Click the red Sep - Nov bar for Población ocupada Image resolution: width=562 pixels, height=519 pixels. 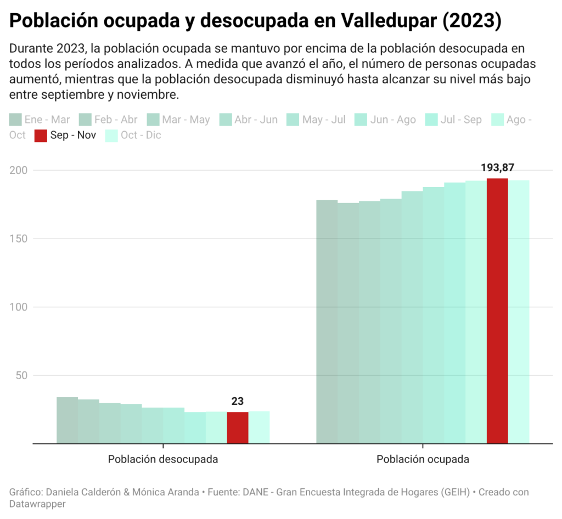[x=497, y=311]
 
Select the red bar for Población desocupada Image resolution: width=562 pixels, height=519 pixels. [x=238, y=428]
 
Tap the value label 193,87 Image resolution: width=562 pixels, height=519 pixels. [x=497, y=168]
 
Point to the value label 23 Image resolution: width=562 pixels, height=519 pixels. [x=237, y=401]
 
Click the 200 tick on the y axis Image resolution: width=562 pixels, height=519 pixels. [x=18, y=170]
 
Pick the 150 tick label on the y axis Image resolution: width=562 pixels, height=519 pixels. [x=18, y=239]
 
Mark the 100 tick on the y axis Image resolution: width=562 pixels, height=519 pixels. [x=18, y=307]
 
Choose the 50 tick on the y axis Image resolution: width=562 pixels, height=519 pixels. [x=21, y=375]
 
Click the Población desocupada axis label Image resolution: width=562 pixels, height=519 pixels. [x=163, y=459]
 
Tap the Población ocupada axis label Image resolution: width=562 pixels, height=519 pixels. [x=423, y=459]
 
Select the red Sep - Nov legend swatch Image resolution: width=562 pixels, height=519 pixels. [x=41, y=136]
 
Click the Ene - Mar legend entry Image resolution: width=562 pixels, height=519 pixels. [x=40, y=120]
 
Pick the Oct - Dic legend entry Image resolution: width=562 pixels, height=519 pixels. [x=133, y=136]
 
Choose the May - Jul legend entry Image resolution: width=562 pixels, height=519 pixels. [x=316, y=120]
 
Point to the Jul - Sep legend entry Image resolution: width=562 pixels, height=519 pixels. [x=453, y=120]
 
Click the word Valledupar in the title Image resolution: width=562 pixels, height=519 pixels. [x=389, y=20]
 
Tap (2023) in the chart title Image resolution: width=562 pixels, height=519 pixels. [x=472, y=20]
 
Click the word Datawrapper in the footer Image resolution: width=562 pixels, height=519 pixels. [x=37, y=504]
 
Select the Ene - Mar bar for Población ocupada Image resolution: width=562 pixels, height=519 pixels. [x=327, y=322]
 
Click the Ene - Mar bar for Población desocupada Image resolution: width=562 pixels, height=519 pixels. [x=68, y=420]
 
